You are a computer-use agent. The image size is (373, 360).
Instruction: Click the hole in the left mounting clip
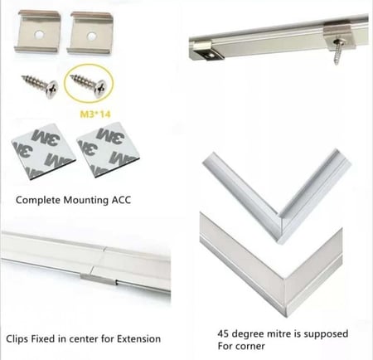click(x=39, y=35)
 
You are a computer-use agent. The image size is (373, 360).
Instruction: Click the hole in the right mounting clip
click(x=90, y=36)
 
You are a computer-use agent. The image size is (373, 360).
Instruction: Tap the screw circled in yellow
click(x=88, y=85)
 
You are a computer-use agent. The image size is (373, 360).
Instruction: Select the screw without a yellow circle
click(x=40, y=85)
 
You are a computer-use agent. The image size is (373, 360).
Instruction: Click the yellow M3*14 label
click(x=95, y=114)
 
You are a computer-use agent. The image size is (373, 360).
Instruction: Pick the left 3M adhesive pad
click(x=43, y=150)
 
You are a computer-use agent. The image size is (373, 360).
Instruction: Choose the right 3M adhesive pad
click(x=108, y=149)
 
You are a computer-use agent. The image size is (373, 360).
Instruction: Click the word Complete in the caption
click(x=38, y=200)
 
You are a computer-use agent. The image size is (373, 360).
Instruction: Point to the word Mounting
click(x=86, y=200)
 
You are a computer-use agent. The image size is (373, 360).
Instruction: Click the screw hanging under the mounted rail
click(x=337, y=51)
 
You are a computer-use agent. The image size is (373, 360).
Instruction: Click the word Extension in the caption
click(x=138, y=338)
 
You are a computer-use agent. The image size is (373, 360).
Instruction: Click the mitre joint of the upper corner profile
click(x=279, y=227)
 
